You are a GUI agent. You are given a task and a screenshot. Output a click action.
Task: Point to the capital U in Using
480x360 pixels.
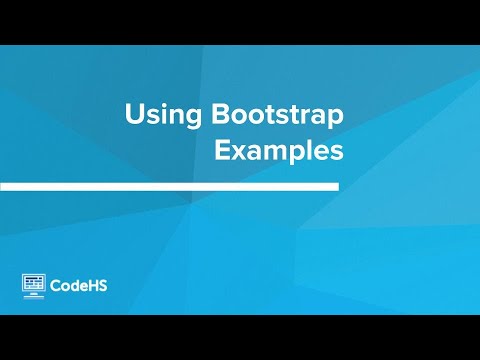pyautogui.click(x=133, y=114)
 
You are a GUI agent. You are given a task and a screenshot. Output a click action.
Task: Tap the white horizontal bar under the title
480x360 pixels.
pyautogui.click(x=170, y=187)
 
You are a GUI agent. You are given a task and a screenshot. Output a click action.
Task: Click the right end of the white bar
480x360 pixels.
pyautogui.click(x=336, y=187)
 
